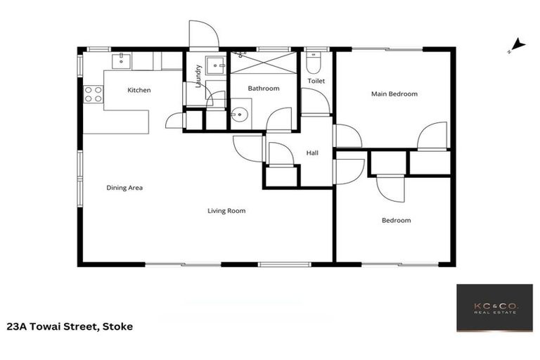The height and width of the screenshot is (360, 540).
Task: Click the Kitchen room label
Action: point(139,90)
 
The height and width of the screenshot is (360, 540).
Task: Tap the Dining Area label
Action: point(124,188)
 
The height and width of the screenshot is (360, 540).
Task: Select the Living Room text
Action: point(226,210)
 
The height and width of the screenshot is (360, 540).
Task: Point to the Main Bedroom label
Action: point(394,94)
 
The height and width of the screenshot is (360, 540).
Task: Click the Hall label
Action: point(313,153)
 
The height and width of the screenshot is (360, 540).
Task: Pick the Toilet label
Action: point(316,81)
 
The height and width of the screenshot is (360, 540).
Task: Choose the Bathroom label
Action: point(264,89)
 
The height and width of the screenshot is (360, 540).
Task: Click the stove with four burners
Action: point(93,94)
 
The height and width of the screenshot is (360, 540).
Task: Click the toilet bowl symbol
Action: point(314,64)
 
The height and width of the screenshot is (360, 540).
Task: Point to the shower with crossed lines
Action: point(264,63)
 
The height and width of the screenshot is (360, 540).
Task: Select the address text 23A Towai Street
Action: point(70,326)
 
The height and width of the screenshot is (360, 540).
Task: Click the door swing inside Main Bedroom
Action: point(432,136)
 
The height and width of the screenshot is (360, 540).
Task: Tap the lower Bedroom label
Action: point(396,220)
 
